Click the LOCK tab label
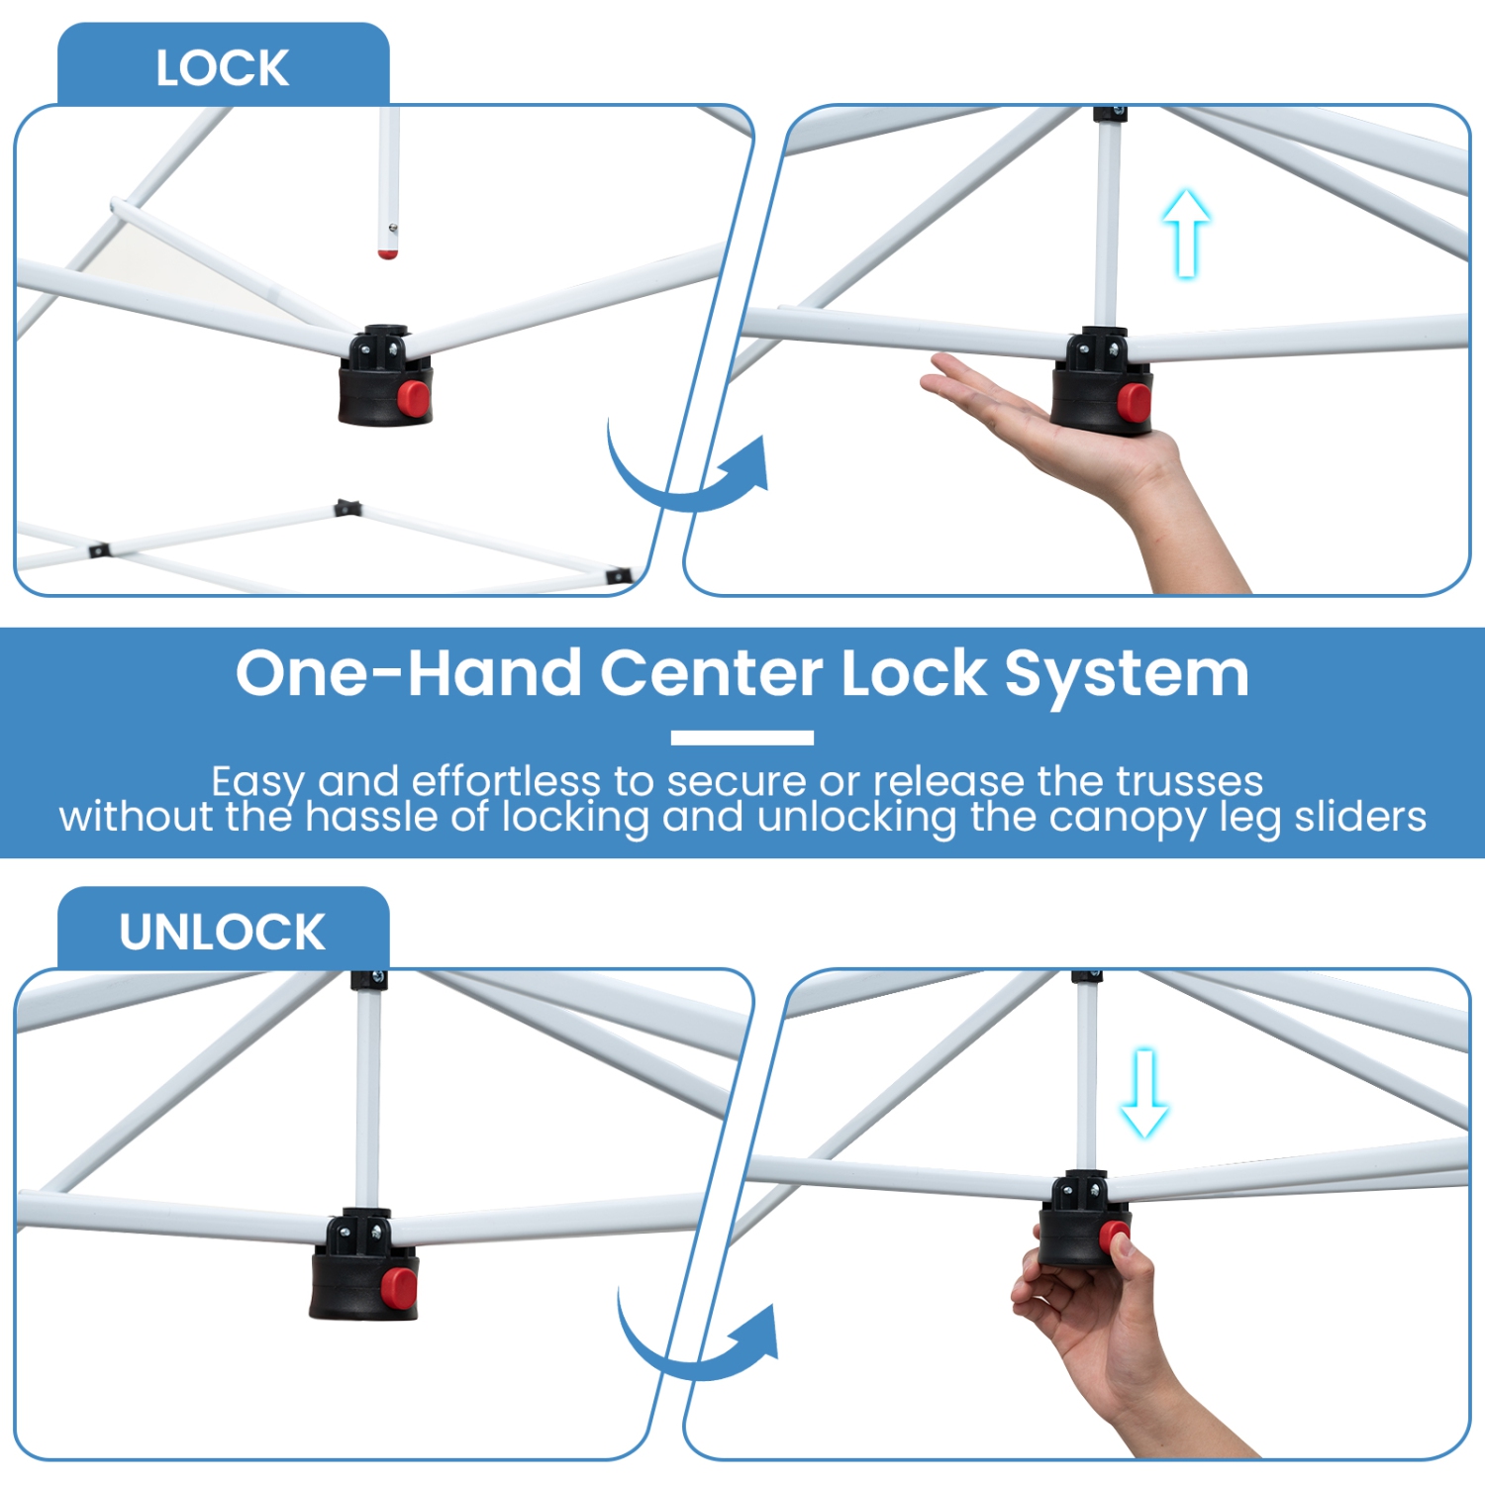(x=222, y=68)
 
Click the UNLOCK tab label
(x=222, y=932)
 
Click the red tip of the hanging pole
(x=388, y=254)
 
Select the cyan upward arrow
(x=1185, y=233)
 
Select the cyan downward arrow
(x=1144, y=1093)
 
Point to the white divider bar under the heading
(x=742, y=738)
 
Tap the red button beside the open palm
(x=1134, y=401)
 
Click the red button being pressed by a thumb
(x=1113, y=1237)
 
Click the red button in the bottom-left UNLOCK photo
(x=399, y=1286)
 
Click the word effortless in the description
(x=505, y=781)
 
